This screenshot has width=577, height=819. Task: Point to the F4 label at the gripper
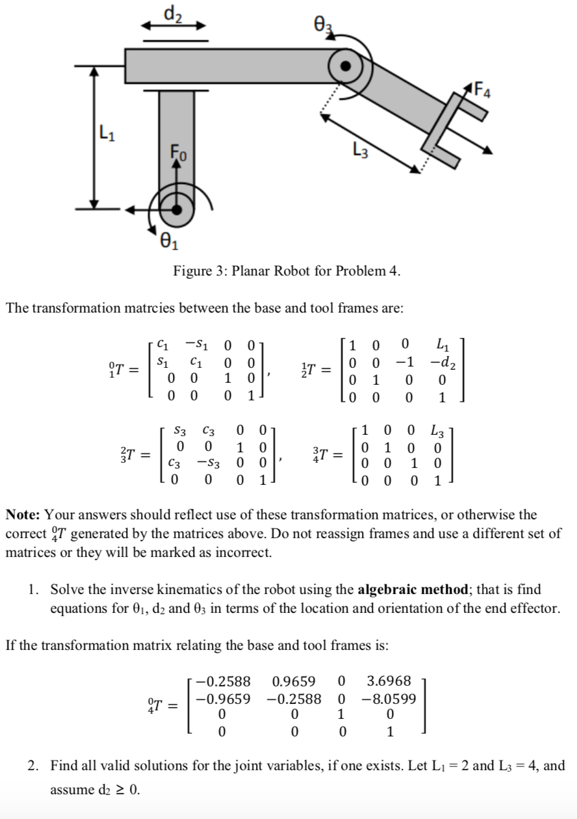coord(483,86)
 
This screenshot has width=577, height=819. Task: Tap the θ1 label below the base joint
coord(168,245)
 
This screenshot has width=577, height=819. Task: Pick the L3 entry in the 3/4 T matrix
coord(437,430)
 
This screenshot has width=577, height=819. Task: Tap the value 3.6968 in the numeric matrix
coord(389,681)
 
